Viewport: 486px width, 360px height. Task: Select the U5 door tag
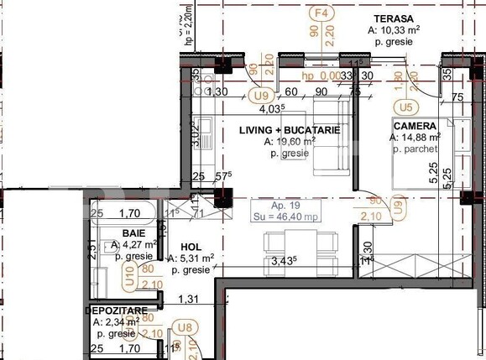(407, 107)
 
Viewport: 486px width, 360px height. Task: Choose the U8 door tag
(180, 330)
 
